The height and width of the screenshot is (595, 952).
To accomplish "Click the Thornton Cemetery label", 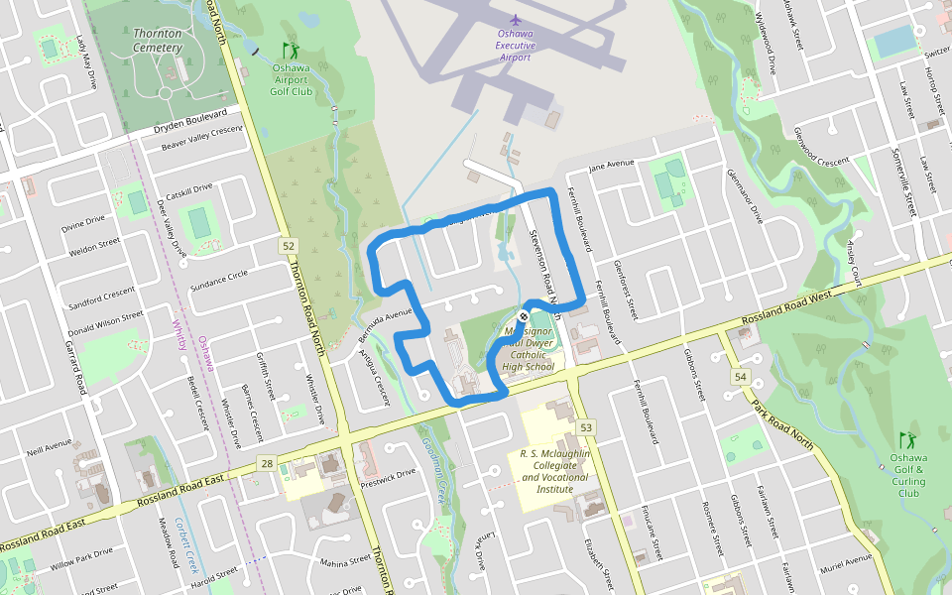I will click(x=158, y=40).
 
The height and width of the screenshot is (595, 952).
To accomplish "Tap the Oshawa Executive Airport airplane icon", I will click(x=515, y=19).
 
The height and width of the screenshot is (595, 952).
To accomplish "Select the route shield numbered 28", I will click(x=267, y=463).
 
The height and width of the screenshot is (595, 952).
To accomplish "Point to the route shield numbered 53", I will click(x=587, y=427).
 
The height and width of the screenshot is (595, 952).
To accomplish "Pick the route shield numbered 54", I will click(x=740, y=378).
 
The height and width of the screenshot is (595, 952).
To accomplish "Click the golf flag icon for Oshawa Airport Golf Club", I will click(x=291, y=50).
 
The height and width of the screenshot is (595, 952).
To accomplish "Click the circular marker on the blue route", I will click(x=525, y=316).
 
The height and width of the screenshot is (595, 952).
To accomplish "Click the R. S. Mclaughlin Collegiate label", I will click(x=555, y=470).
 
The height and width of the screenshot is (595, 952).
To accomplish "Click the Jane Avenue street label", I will click(x=611, y=165).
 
